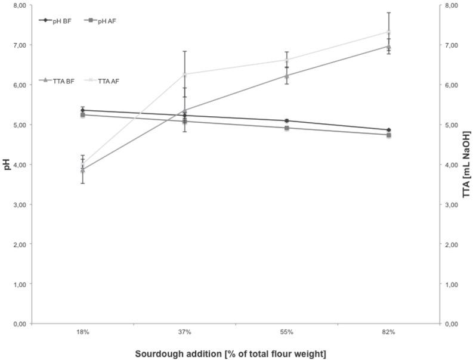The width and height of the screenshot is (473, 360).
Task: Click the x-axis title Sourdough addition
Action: click(230, 355)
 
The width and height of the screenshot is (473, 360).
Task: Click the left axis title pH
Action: click(7, 164)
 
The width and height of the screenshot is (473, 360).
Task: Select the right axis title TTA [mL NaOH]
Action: click(466, 164)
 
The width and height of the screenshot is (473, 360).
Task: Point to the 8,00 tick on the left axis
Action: click(19, 5)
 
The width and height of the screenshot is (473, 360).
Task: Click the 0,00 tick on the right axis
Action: click(454, 324)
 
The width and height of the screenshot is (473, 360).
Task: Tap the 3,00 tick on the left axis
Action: click(19, 204)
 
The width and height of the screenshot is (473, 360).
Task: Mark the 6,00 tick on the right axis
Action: click(454, 85)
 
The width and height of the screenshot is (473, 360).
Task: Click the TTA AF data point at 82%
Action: click(388, 32)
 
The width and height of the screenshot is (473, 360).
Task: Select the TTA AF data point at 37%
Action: click(184, 75)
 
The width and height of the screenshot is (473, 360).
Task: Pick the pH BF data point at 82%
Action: click(388, 130)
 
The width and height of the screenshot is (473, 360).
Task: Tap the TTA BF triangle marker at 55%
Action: click(286, 76)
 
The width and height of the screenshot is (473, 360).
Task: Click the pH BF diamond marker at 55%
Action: click(286, 121)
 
